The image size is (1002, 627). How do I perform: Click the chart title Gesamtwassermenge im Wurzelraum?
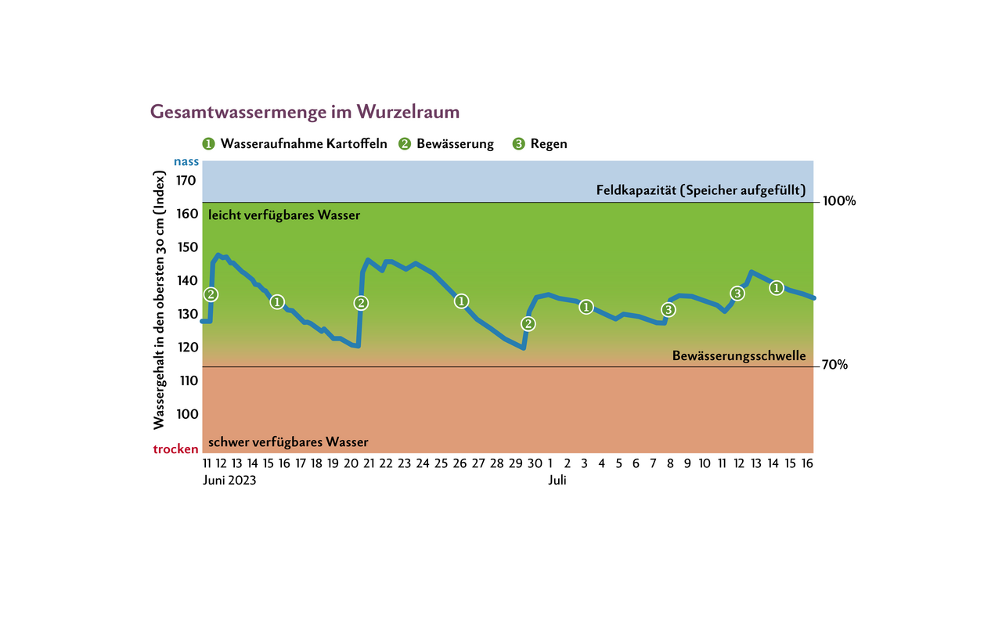click(x=305, y=112)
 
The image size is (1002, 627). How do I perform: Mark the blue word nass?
click(x=186, y=163)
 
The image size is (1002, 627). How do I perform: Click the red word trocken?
click(x=175, y=449)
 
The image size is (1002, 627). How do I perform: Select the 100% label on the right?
click(x=839, y=201)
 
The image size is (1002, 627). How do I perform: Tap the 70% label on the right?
click(x=835, y=366)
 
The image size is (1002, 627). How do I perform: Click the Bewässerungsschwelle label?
click(x=739, y=356)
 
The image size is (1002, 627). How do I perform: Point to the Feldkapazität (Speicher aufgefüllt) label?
click(x=701, y=190)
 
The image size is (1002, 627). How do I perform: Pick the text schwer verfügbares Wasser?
click(x=288, y=442)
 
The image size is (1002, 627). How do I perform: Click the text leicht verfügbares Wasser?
click(x=284, y=215)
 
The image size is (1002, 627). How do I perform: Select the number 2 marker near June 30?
click(x=528, y=324)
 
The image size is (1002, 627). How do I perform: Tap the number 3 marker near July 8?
click(x=667, y=310)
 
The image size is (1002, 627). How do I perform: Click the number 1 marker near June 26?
click(x=462, y=301)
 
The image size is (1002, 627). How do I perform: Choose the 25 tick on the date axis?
click(x=441, y=463)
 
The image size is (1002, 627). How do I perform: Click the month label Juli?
click(x=557, y=481)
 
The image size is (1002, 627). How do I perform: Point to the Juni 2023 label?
click(x=229, y=481)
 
